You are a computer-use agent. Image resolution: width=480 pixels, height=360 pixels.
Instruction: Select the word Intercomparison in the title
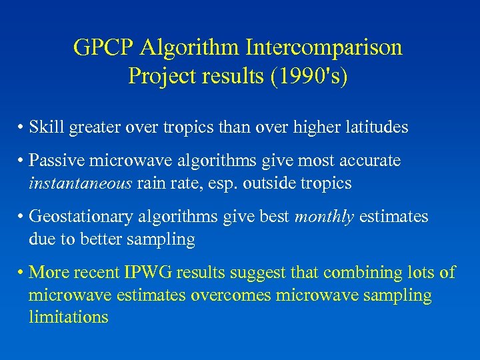click(325, 48)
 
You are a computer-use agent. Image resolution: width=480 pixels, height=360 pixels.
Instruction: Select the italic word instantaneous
click(80, 183)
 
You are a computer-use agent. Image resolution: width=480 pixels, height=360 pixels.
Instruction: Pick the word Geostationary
click(83, 217)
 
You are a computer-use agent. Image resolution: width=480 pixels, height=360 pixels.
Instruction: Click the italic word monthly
click(324, 217)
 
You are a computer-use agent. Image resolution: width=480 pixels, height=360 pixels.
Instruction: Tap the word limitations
click(68, 317)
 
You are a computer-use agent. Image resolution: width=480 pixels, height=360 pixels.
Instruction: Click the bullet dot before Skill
click(22, 128)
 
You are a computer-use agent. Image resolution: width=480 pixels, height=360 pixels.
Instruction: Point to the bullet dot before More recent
click(22, 273)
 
